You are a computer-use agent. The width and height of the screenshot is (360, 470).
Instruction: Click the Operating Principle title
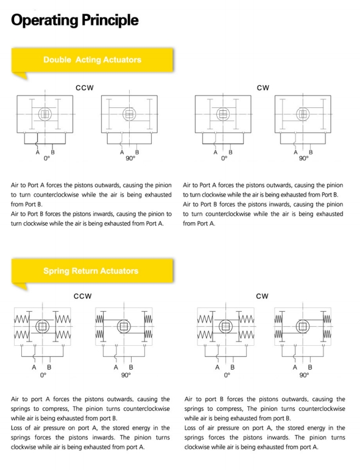pyautogui.click(x=75, y=20)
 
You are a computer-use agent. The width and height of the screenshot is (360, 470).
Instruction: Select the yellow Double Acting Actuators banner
pyautogui.click(x=92, y=60)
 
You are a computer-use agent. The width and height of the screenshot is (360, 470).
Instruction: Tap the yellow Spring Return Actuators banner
pyautogui.click(x=92, y=271)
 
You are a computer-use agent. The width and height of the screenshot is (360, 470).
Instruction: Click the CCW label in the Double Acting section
pyautogui.click(x=85, y=88)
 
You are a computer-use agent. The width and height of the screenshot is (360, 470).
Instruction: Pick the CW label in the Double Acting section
pyautogui.click(x=263, y=88)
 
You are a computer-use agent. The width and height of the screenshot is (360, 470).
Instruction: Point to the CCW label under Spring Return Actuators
pyautogui.click(x=83, y=296)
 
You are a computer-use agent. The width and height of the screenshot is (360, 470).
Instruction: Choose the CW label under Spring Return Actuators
pyautogui.click(x=262, y=296)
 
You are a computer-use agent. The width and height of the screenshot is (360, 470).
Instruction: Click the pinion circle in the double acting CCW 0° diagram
pyautogui.click(x=45, y=114)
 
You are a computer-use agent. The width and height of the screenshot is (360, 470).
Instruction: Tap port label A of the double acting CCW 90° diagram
pyautogui.click(x=122, y=152)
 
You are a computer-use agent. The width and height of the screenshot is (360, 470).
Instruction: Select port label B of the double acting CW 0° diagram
pyautogui.click(x=230, y=152)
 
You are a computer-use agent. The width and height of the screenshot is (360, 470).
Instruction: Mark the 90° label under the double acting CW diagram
pyautogui.click(x=303, y=158)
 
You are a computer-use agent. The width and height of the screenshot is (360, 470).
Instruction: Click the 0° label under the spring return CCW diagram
pyautogui.click(x=43, y=375)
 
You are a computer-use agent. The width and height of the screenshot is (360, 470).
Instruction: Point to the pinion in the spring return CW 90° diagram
pyautogui.click(x=303, y=326)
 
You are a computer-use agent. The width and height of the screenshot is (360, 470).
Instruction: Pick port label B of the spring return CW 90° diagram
pyautogui.click(x=310, y=367)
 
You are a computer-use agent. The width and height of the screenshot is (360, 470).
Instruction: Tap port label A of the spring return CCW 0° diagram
pyautogui.click(x=34, y=367)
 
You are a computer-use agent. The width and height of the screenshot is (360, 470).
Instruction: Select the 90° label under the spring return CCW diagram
pyautogui.click(x=126, y=375)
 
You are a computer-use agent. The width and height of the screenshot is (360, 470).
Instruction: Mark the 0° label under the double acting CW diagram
pyautogui.click(x=224, y=158)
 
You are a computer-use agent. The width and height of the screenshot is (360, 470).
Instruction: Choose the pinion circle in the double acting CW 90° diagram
pyautogui.click(x=303, y=114)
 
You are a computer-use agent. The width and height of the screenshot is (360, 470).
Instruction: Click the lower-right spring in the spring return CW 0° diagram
pyautogui.click(x=247, y=334)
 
